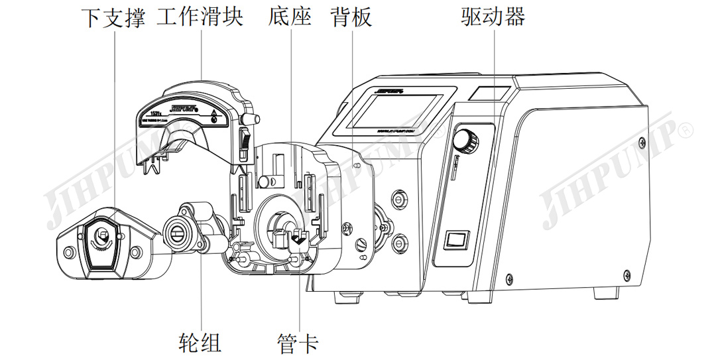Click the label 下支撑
click(x=113, y=17)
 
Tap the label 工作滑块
click(x=200, y=17)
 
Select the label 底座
click(x=290, y=17)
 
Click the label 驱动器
click(x=493, y=17)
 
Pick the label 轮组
click(x=200, y=342)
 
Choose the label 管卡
click(x=298, y=342)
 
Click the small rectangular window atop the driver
click(x=489, y=93)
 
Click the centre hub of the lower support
click(x=102, y=234)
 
